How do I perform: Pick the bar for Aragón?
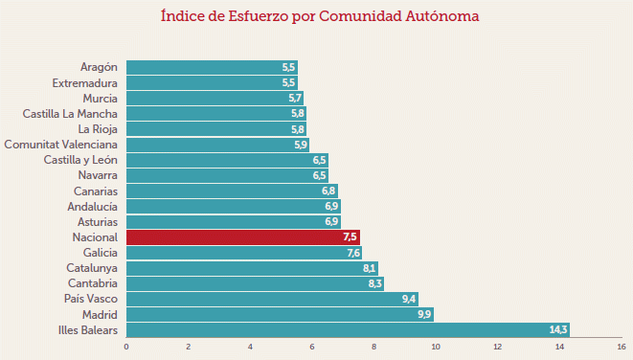212,67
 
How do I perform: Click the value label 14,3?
558,330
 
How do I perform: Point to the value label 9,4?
409,300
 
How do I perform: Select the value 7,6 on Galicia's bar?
353,253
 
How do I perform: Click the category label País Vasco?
92,300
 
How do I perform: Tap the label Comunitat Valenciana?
60,145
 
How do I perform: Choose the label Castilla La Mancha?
70,114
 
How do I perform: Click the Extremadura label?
84,83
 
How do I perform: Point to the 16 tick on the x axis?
621,347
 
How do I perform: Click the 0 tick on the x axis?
126,347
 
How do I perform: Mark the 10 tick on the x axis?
436,347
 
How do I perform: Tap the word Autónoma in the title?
438,16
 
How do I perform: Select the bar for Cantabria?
255,284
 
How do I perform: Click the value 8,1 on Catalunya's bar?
369,269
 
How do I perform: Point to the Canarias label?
95,191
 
